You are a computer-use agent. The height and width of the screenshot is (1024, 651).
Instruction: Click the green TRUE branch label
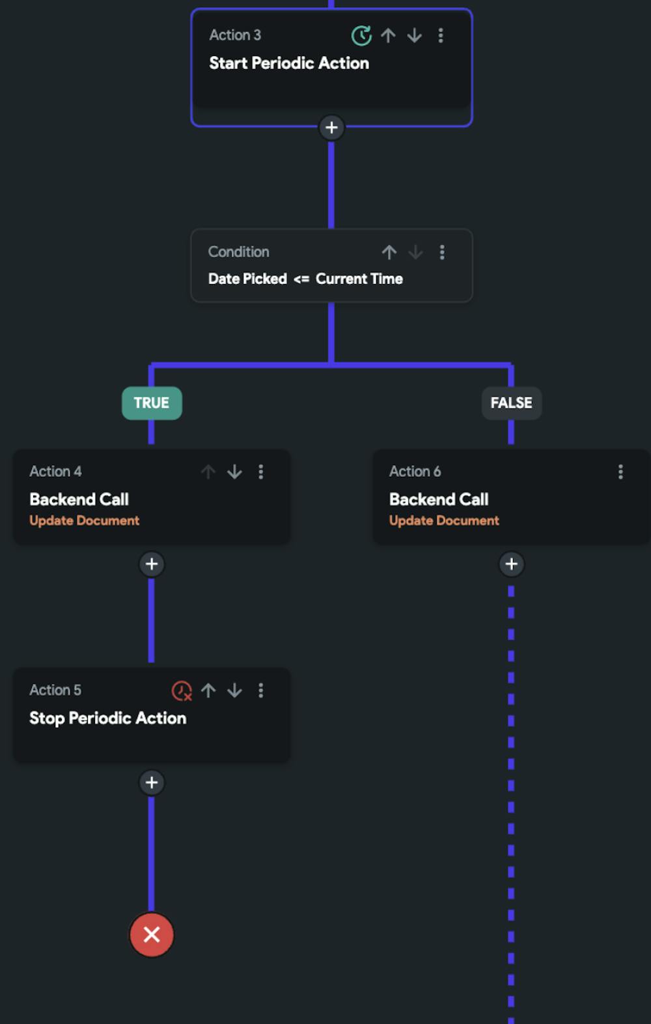click(152, 403)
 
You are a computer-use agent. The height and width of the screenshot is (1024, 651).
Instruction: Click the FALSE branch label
click(511, 403)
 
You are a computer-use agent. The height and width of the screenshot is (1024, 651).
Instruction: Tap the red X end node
click(152, 935)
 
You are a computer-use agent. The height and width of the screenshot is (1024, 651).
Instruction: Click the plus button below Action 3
click(331, 128)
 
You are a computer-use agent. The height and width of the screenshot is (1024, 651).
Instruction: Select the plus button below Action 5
click(152, 782)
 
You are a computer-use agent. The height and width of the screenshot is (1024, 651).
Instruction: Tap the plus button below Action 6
click(511, 564)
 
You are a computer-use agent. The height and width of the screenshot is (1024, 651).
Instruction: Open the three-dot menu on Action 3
click(441, 35)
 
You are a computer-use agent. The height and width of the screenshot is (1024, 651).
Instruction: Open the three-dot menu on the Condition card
click(442, 252)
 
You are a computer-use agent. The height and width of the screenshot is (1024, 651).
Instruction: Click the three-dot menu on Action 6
click(620, 472)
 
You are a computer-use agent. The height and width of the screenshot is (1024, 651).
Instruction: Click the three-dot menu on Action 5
click(261, 690)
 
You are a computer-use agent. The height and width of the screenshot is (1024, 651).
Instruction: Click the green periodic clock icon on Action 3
click(361, 35)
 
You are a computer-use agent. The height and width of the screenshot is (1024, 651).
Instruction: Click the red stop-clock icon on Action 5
click(182, 690)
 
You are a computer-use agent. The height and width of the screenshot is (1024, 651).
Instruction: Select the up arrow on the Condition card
click(389, 252)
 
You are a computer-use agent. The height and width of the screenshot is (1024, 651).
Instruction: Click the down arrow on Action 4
click(234, 472)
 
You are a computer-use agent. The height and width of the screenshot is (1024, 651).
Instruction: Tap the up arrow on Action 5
click(208, 690)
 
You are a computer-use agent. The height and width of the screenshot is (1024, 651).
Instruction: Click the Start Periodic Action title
click(289, 63)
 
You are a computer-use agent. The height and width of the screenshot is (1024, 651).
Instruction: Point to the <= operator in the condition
click(301, 279)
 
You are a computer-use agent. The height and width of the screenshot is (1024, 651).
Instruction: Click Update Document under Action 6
click(444, 520)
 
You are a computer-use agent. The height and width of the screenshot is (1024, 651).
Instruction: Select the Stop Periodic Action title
click(108, 718)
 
